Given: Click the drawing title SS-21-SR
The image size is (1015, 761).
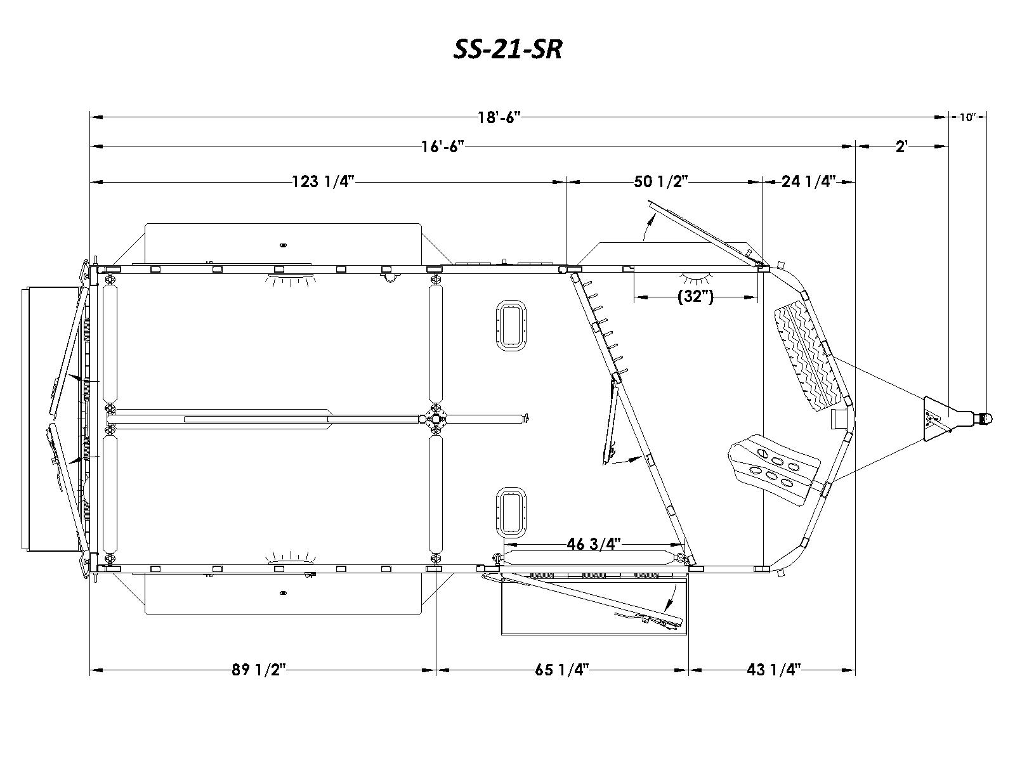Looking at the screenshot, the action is click(507, 49).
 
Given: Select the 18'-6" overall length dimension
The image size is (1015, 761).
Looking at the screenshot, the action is click(499, 117).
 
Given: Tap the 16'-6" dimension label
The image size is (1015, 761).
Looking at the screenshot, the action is click(443, 146).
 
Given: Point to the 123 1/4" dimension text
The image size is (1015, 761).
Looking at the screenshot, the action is click(324, 181).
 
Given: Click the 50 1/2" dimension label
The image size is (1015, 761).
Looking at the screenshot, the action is click(661, 181).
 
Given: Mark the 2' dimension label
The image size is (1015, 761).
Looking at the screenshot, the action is click(902, 146).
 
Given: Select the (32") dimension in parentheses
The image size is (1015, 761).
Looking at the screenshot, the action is click(695, 296).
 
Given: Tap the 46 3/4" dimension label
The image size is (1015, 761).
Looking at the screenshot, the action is click(594, 544).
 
